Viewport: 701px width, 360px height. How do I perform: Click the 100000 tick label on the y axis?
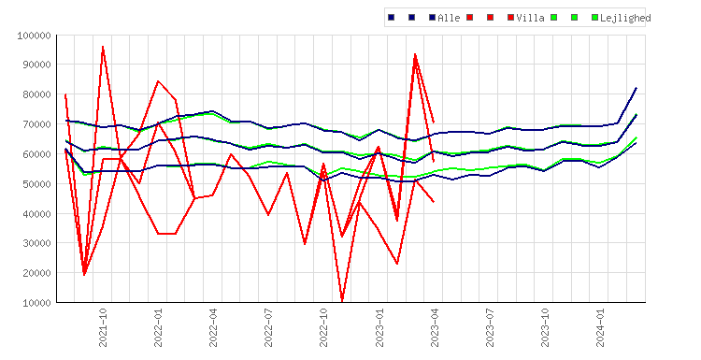[34, 36]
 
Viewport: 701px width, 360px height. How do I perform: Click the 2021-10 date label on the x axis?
[103, 327]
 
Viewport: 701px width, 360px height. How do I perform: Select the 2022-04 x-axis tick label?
[213, 327]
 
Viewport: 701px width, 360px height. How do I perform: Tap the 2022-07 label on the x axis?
[268, 327]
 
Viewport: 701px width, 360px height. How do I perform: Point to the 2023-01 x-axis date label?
[379, 327]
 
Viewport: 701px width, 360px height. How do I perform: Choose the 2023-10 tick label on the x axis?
[545, 327]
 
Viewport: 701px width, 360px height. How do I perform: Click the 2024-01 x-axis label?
[600, 327]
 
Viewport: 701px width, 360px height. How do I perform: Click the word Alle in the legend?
[449, 18]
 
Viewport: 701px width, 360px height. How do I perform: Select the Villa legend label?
[530, 18]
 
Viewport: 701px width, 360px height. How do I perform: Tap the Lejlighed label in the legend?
[625, 18]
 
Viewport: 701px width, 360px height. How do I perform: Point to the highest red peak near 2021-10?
[103, 47]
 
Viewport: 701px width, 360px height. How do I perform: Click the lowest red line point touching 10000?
[342, 300]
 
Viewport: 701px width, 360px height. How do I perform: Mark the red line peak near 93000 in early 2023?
[415, 55]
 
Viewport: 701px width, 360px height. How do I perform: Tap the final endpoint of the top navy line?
[637, 88]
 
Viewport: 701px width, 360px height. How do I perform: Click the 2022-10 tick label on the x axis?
[323, 327]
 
